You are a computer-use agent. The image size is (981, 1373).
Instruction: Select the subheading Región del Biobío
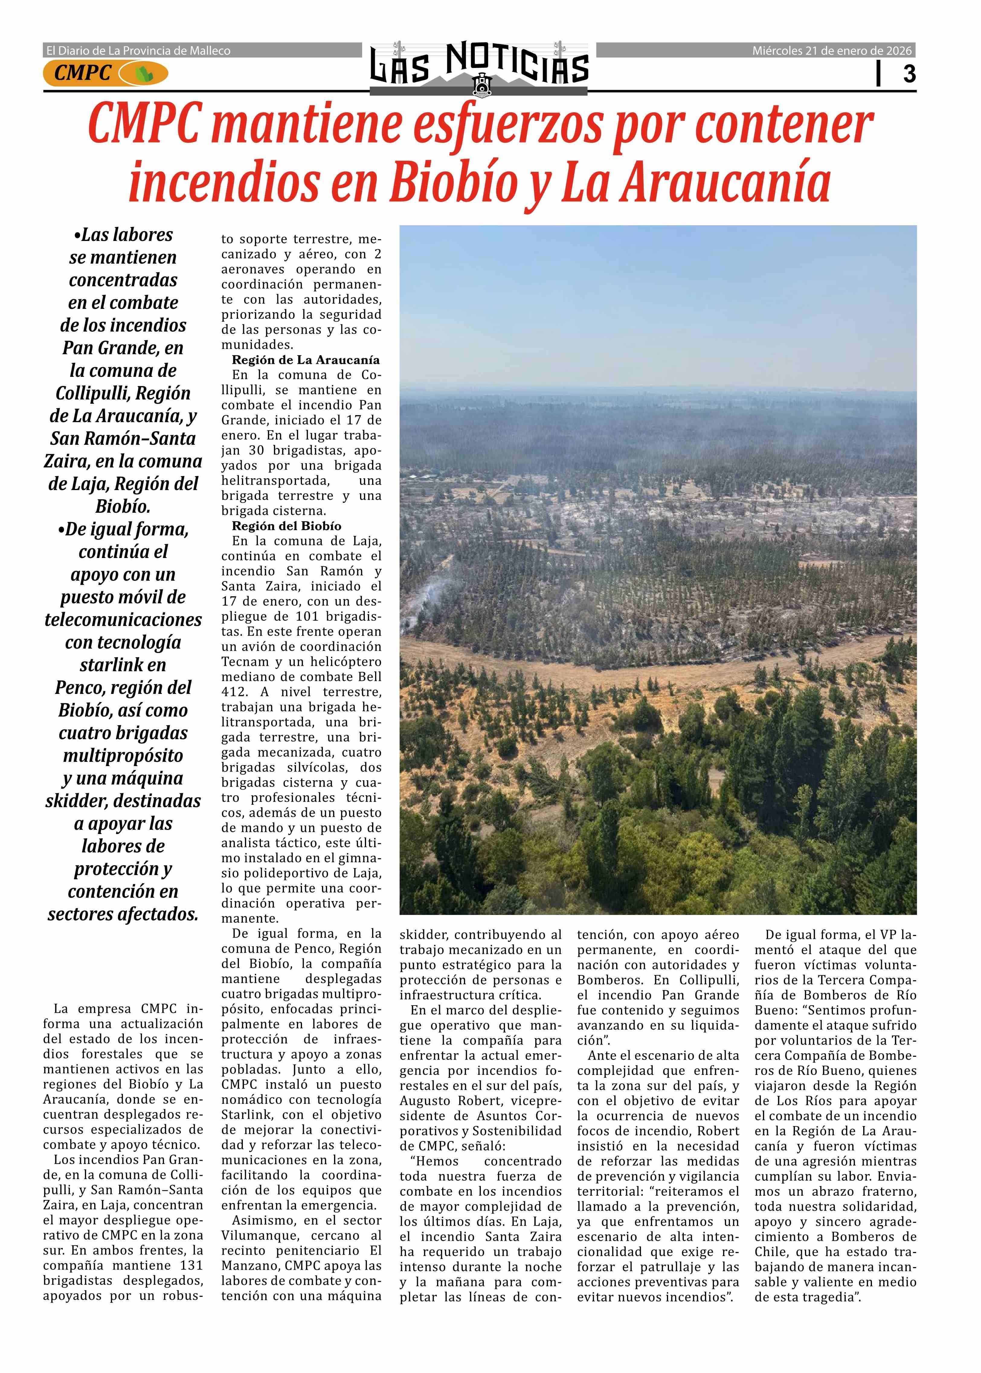286,526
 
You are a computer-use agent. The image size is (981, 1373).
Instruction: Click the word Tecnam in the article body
242,662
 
